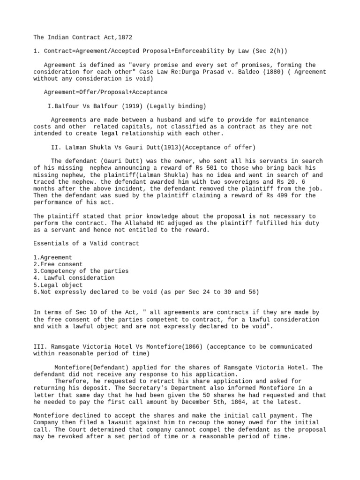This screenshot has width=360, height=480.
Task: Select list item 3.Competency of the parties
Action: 81,271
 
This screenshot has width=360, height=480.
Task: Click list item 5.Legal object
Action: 58,285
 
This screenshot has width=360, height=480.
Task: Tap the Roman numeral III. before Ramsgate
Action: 39,347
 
